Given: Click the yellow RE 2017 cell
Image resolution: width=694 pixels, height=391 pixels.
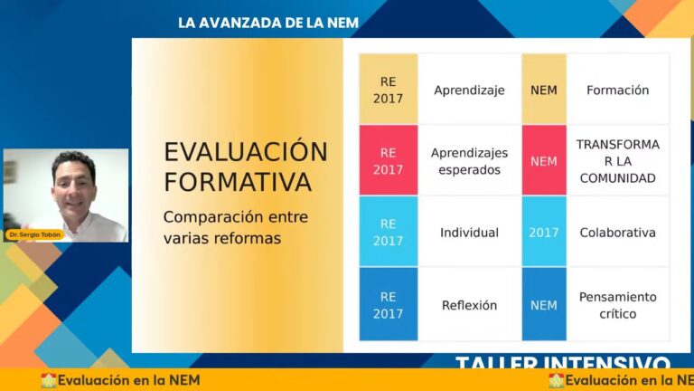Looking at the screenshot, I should point(389,90).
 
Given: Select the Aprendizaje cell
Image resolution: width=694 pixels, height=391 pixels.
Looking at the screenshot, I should point(469,90).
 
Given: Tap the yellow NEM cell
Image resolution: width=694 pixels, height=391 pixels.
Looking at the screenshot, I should point(544,90).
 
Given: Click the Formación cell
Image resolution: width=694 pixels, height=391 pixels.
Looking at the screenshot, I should point(618,90).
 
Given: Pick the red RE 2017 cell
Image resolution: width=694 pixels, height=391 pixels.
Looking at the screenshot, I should point(389,161).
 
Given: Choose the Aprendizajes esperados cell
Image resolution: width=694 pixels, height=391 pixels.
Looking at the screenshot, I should point(469,161).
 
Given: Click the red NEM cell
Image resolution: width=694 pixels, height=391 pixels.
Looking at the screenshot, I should point(544,161).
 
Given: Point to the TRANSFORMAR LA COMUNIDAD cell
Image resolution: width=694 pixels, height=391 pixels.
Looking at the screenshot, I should point(618,161).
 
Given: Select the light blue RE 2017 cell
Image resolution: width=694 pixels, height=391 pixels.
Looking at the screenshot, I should point(389,233).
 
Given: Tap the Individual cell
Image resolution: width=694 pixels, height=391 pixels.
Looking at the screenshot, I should point(469,233).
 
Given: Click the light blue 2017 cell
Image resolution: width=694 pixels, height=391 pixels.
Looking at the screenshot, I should point(544,233).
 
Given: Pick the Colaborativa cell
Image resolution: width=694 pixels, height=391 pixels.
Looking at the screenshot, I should point(618,233).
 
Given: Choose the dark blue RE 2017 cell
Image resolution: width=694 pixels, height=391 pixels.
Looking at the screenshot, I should point(389,305).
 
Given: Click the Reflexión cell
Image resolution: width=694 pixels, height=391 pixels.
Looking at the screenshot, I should point(469,305).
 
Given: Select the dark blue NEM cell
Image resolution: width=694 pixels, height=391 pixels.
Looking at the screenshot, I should point(544,305).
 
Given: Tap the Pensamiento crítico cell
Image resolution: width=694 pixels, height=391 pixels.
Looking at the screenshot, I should point(618,305).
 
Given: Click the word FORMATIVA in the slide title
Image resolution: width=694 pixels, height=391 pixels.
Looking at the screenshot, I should point(238,182).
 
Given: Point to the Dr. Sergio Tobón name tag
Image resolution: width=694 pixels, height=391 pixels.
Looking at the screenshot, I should point(35,234).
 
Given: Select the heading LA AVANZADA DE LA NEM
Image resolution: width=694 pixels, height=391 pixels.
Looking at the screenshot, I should point(268,23).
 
